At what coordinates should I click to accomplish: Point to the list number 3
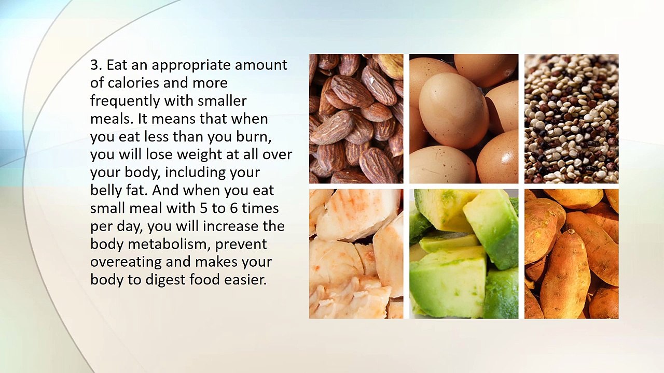pos(95,65)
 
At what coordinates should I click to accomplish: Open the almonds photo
pos(356,119)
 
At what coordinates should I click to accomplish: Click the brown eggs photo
pos(463,119)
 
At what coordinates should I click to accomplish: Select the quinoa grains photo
pos(571,119)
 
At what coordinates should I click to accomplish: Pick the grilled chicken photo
pos(356,254)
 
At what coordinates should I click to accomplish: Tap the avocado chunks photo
pos(463,254)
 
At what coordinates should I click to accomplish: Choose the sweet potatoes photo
pos(571,254)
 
